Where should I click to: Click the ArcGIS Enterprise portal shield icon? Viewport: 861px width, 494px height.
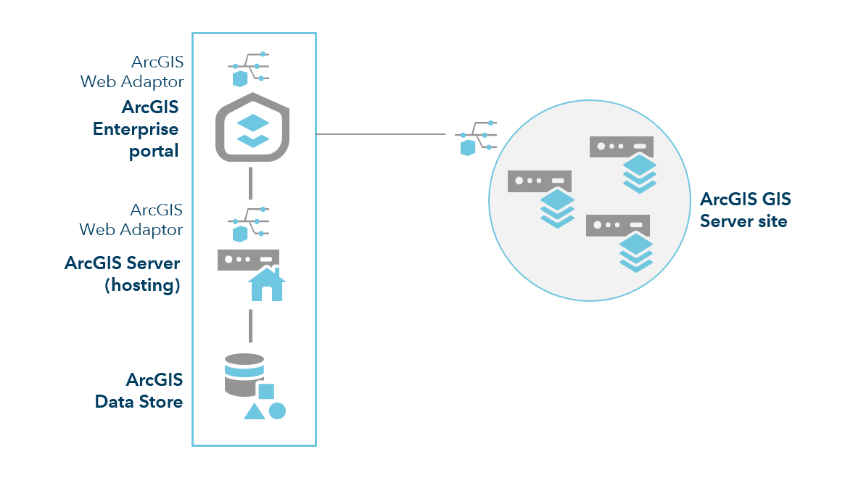click(252, 128)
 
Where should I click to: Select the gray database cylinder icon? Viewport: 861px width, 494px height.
click(244, 375)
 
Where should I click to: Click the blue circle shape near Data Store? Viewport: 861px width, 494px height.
click(277, 411)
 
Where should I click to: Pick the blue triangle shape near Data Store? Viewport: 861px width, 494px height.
click(254, 411)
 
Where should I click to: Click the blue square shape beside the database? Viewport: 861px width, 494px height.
click(266, 391)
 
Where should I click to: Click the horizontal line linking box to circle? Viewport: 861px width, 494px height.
click(381, 134)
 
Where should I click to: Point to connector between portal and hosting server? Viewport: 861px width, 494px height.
click(250, 183)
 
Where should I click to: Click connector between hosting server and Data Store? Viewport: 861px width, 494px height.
click(250, 326)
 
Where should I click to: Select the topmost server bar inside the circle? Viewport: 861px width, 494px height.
click(621, 147)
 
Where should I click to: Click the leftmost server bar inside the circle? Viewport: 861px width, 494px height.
click(540, 181)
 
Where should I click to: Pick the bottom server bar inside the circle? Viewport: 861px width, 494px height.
click(617, 226)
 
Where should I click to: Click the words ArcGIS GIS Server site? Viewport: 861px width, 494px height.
click(745, 210)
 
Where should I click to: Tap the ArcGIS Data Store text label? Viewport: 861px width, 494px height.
click(139, 390)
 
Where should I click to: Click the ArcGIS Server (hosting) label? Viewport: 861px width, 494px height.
click(123, 273)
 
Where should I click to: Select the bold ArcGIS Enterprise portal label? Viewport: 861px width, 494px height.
click(136, 129)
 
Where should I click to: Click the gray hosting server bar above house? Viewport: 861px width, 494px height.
click(248, 260)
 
